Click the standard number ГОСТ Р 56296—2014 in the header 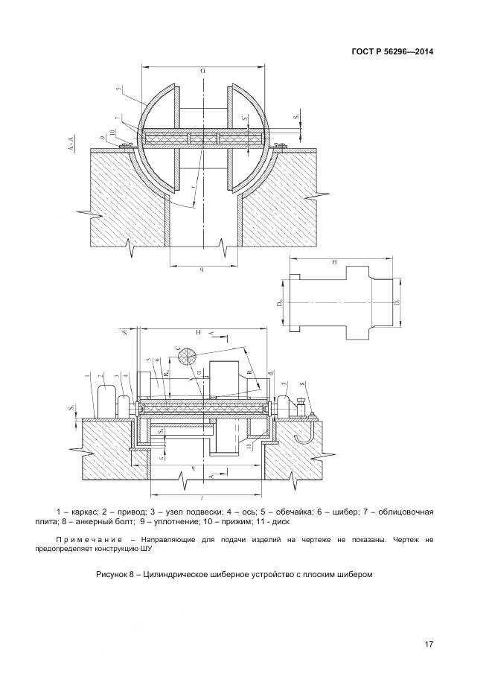click(392, 51)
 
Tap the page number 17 click(429, 644)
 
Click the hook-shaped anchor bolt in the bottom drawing click(302, 432)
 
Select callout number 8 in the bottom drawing click(302, 385)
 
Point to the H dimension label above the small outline click(336, 264)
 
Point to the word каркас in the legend click(86, 513)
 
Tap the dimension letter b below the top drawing click(202, 268)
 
